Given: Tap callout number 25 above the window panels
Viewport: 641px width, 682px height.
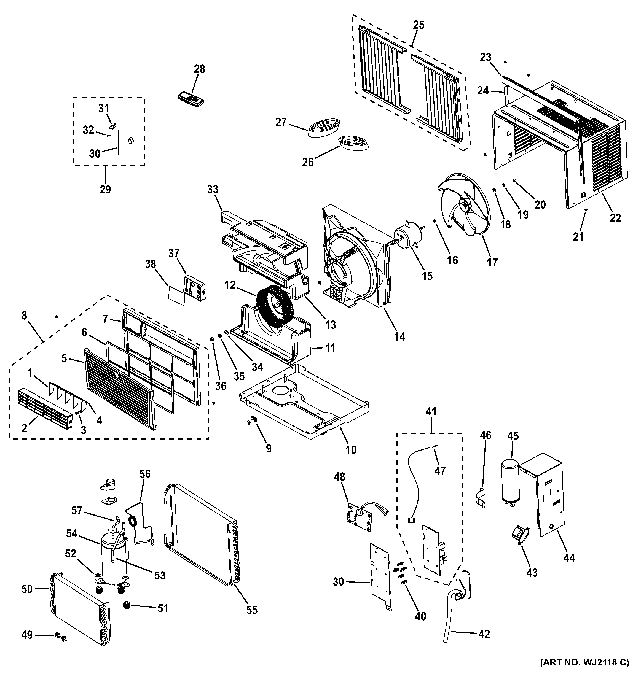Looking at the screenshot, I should [x=419, y=25].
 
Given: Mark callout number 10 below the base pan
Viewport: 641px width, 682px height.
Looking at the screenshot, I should [x=351, y=449].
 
